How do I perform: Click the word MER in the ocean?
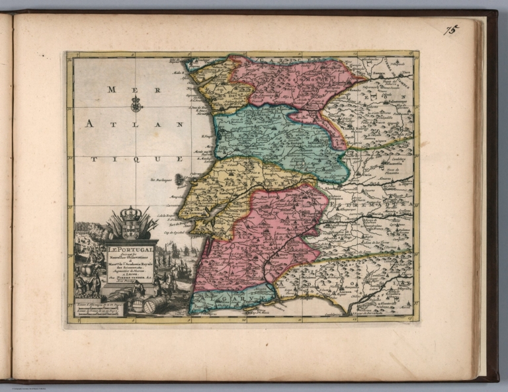coord(121,90)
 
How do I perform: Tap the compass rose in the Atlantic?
coord(136,103)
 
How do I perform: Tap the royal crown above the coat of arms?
coord(131,213)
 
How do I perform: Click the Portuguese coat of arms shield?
coord(131,228)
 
